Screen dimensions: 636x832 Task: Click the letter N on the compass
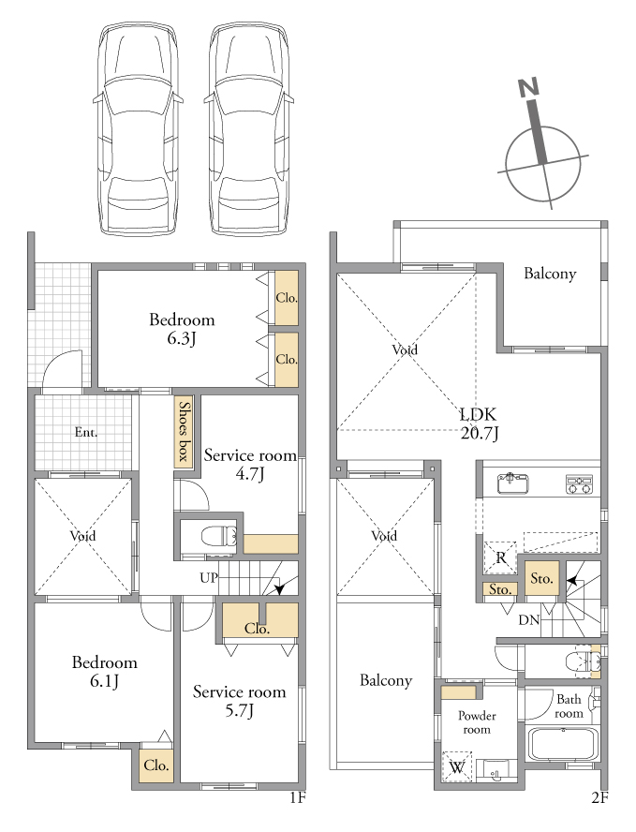(528, 87)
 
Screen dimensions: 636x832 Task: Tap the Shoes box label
(184, 431)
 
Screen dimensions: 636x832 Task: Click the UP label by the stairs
(209, 577)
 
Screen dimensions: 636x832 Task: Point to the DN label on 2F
(529, 619)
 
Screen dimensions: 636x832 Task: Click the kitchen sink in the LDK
(513, 483)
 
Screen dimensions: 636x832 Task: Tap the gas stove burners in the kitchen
(579, 483)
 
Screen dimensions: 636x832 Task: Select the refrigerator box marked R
(500, 557)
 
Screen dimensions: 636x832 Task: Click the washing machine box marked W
(457, 766)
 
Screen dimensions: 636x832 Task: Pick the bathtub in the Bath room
(563, 745)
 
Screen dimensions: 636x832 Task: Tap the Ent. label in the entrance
(86, 432)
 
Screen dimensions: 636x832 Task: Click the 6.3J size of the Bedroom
(182, 338)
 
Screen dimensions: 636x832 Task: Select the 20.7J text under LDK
(480, 434)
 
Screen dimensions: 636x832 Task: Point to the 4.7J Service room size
(249, 473)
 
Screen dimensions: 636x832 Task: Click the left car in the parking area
(139, 128)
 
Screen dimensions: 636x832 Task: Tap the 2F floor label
(599, 798)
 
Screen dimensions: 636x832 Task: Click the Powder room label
(477, 722)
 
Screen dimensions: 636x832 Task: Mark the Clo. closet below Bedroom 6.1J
(155, 765)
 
